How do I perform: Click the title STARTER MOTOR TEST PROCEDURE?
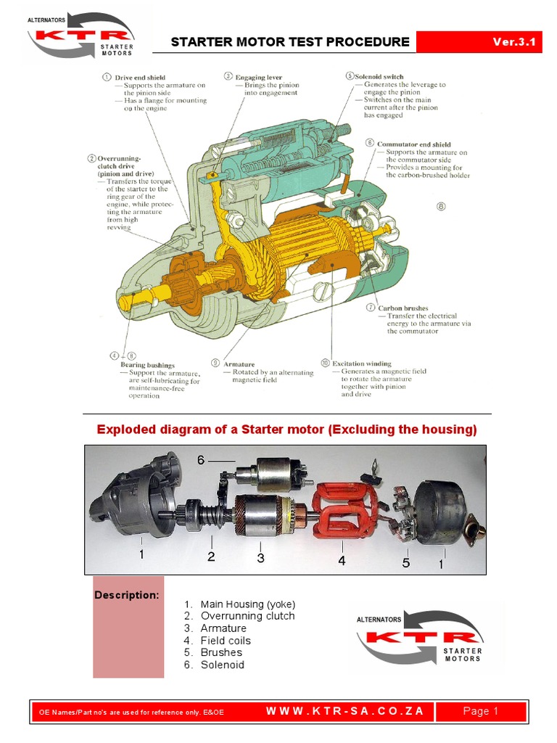point(290,42)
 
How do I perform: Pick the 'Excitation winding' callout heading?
point(361,364)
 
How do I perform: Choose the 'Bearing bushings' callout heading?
point(147,365)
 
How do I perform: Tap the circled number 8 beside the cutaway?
point(441,206)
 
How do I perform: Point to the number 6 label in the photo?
point(202,460)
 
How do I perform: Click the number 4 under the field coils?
point(341,560)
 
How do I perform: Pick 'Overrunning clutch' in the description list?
point(247,616)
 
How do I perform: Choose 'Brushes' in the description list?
point(221,652)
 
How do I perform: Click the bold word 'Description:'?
point(126,596)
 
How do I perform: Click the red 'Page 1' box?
point(480,711)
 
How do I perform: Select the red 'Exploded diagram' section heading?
point(287,430)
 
